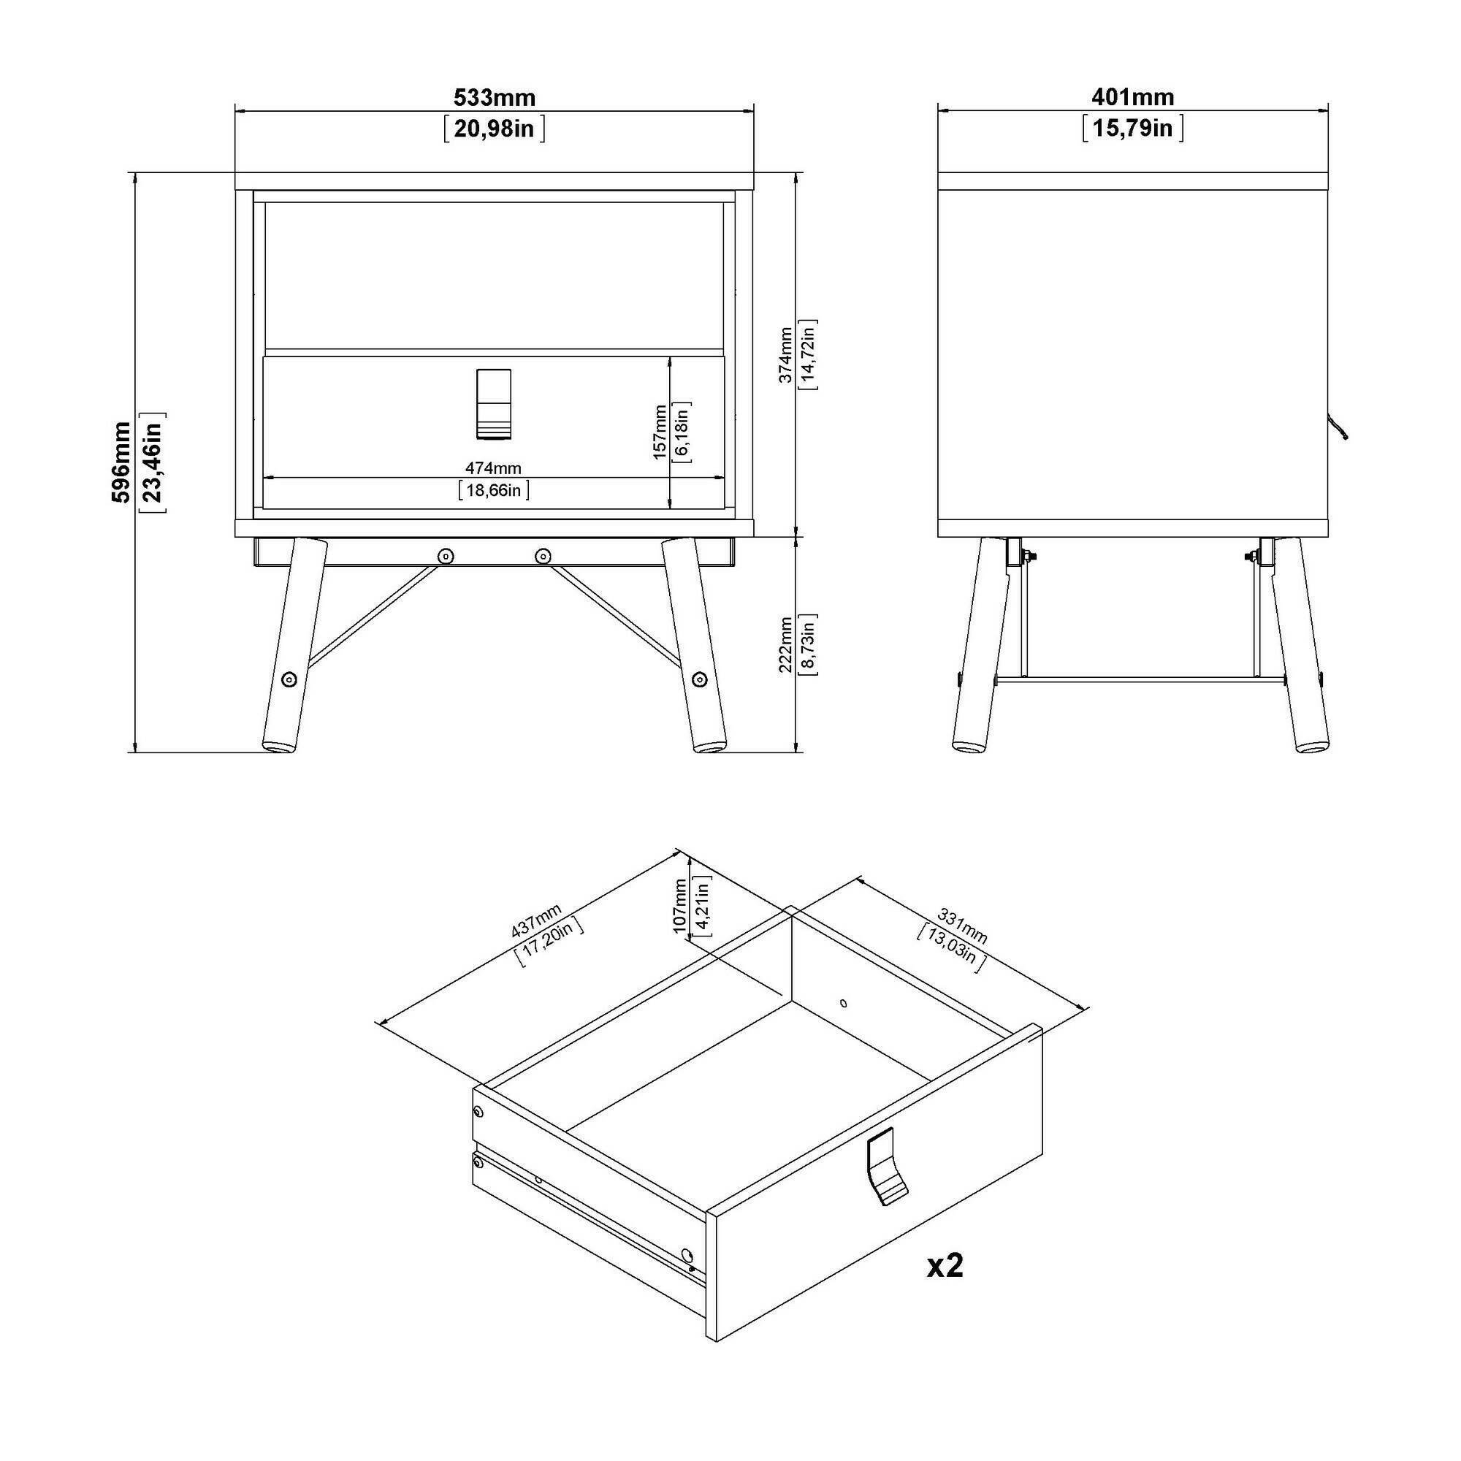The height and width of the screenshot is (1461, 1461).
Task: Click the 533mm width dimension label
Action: pos(495,98)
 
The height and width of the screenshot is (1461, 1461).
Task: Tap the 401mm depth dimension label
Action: pos(1133,98)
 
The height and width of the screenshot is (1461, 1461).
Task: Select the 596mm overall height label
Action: pos(121,462)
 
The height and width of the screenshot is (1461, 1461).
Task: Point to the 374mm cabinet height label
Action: pos(786,355)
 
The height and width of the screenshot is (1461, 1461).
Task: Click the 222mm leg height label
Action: pos(786,644)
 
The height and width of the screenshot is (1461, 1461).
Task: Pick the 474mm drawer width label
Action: pos(493,469)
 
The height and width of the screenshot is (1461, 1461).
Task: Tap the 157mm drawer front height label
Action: pos(660,432)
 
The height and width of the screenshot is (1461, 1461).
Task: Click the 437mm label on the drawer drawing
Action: pos(536,920)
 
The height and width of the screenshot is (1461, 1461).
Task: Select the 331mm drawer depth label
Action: pos(962,926)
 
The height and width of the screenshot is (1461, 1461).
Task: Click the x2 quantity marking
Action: pos(945,1265)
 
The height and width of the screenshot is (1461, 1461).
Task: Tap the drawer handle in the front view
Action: pos(494,404)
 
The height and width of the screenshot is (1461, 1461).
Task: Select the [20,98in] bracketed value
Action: pos(495,129)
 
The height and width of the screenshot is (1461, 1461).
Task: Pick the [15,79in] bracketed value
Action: pos(1133,129)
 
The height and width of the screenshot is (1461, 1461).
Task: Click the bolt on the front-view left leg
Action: pos(289,679)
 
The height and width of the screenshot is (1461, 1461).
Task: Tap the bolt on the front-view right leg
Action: pos(700,679)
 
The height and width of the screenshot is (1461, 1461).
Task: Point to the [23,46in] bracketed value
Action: pos(153,462)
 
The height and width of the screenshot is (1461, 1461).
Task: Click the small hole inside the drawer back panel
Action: pos(844,1004)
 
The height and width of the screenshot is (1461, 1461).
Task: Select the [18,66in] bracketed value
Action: pos(493,491)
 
